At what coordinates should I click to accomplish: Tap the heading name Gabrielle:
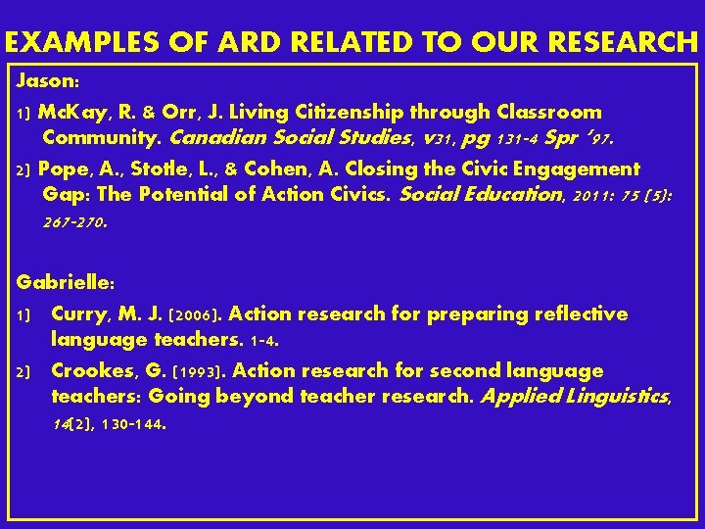coord(67,282)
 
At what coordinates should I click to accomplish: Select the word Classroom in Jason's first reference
coord(551,112)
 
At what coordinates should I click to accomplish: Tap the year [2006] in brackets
coord(200,315)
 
